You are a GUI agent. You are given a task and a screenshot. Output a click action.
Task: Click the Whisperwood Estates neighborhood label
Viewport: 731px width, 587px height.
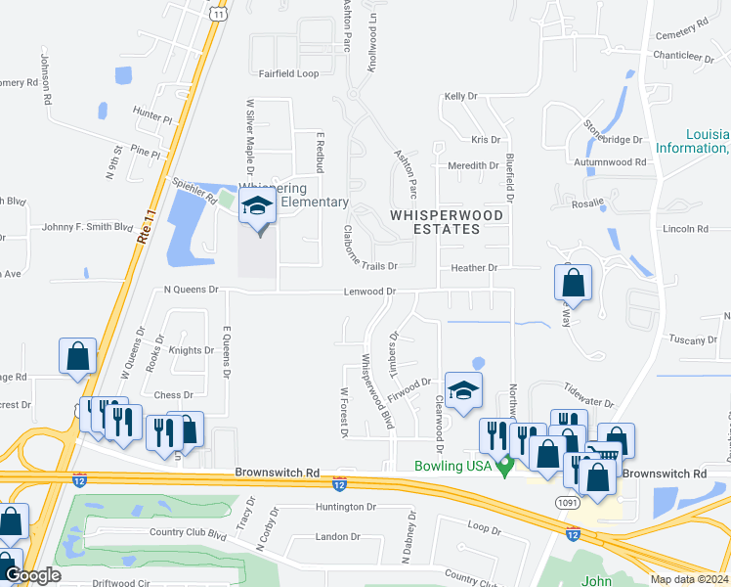coord(448,221)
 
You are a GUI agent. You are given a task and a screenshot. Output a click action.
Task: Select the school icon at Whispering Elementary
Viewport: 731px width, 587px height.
coord(258,207)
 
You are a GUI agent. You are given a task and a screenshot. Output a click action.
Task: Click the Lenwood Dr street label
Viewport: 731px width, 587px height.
coord(369,292)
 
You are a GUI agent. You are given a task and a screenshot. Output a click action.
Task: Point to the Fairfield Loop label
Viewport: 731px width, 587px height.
coord(288,73)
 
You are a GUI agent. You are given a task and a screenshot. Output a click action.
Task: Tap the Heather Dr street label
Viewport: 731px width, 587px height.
coord(474,268)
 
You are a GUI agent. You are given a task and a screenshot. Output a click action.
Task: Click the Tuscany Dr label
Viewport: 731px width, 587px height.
coord(694,339)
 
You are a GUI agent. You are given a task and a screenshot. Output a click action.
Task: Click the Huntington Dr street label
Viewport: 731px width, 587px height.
coord(345,507)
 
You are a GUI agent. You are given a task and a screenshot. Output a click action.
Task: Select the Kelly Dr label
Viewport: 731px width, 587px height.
coord(460,97)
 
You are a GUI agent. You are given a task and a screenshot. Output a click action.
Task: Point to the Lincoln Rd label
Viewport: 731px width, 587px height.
coord(685,229)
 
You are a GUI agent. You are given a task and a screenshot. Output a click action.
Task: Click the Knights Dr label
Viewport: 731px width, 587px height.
coord(191,350)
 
